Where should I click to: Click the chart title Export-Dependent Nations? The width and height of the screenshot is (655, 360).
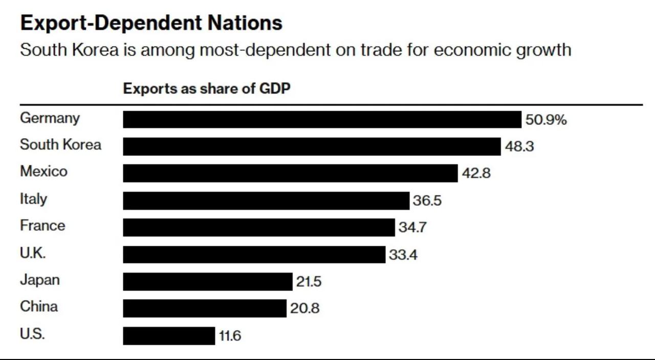[x=151, y=23]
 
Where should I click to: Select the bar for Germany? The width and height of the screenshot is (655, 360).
[x=322, y=119]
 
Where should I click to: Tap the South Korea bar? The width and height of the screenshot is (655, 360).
[x=312, y=146]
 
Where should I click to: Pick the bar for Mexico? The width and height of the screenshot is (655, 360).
[x=290, y=173]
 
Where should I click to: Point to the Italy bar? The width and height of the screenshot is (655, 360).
[x=266, y=200]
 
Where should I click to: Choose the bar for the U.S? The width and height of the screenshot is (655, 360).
[x=169, y=336]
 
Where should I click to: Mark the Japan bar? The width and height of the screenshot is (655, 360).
[x=207, y=282]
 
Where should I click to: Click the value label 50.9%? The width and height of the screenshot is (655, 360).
[x=546, y=120]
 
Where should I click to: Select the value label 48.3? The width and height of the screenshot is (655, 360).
[x=519, y=146]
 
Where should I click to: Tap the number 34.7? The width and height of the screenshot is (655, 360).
[x=412, y=227]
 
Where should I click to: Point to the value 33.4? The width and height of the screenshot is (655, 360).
[x=403, y=255]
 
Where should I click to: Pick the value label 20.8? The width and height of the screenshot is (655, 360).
[x=304, y=309]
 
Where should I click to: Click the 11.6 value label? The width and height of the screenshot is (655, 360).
[x=230, y=336]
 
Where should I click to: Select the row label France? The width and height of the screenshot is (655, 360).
[x=42, y=225]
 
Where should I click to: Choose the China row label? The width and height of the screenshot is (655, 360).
[x=39, y=306]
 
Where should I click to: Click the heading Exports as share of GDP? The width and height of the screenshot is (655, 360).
[x=207, y=89]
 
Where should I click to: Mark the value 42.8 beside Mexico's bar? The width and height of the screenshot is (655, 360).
[x=476, y=173]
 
